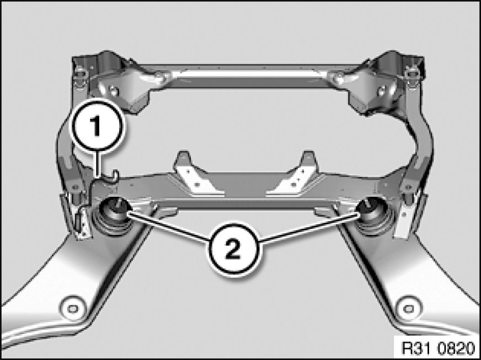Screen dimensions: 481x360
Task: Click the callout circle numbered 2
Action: point(234,249)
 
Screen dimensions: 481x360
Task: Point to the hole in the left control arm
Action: point(72,309)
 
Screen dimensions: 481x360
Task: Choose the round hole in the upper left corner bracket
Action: point(114,91)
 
